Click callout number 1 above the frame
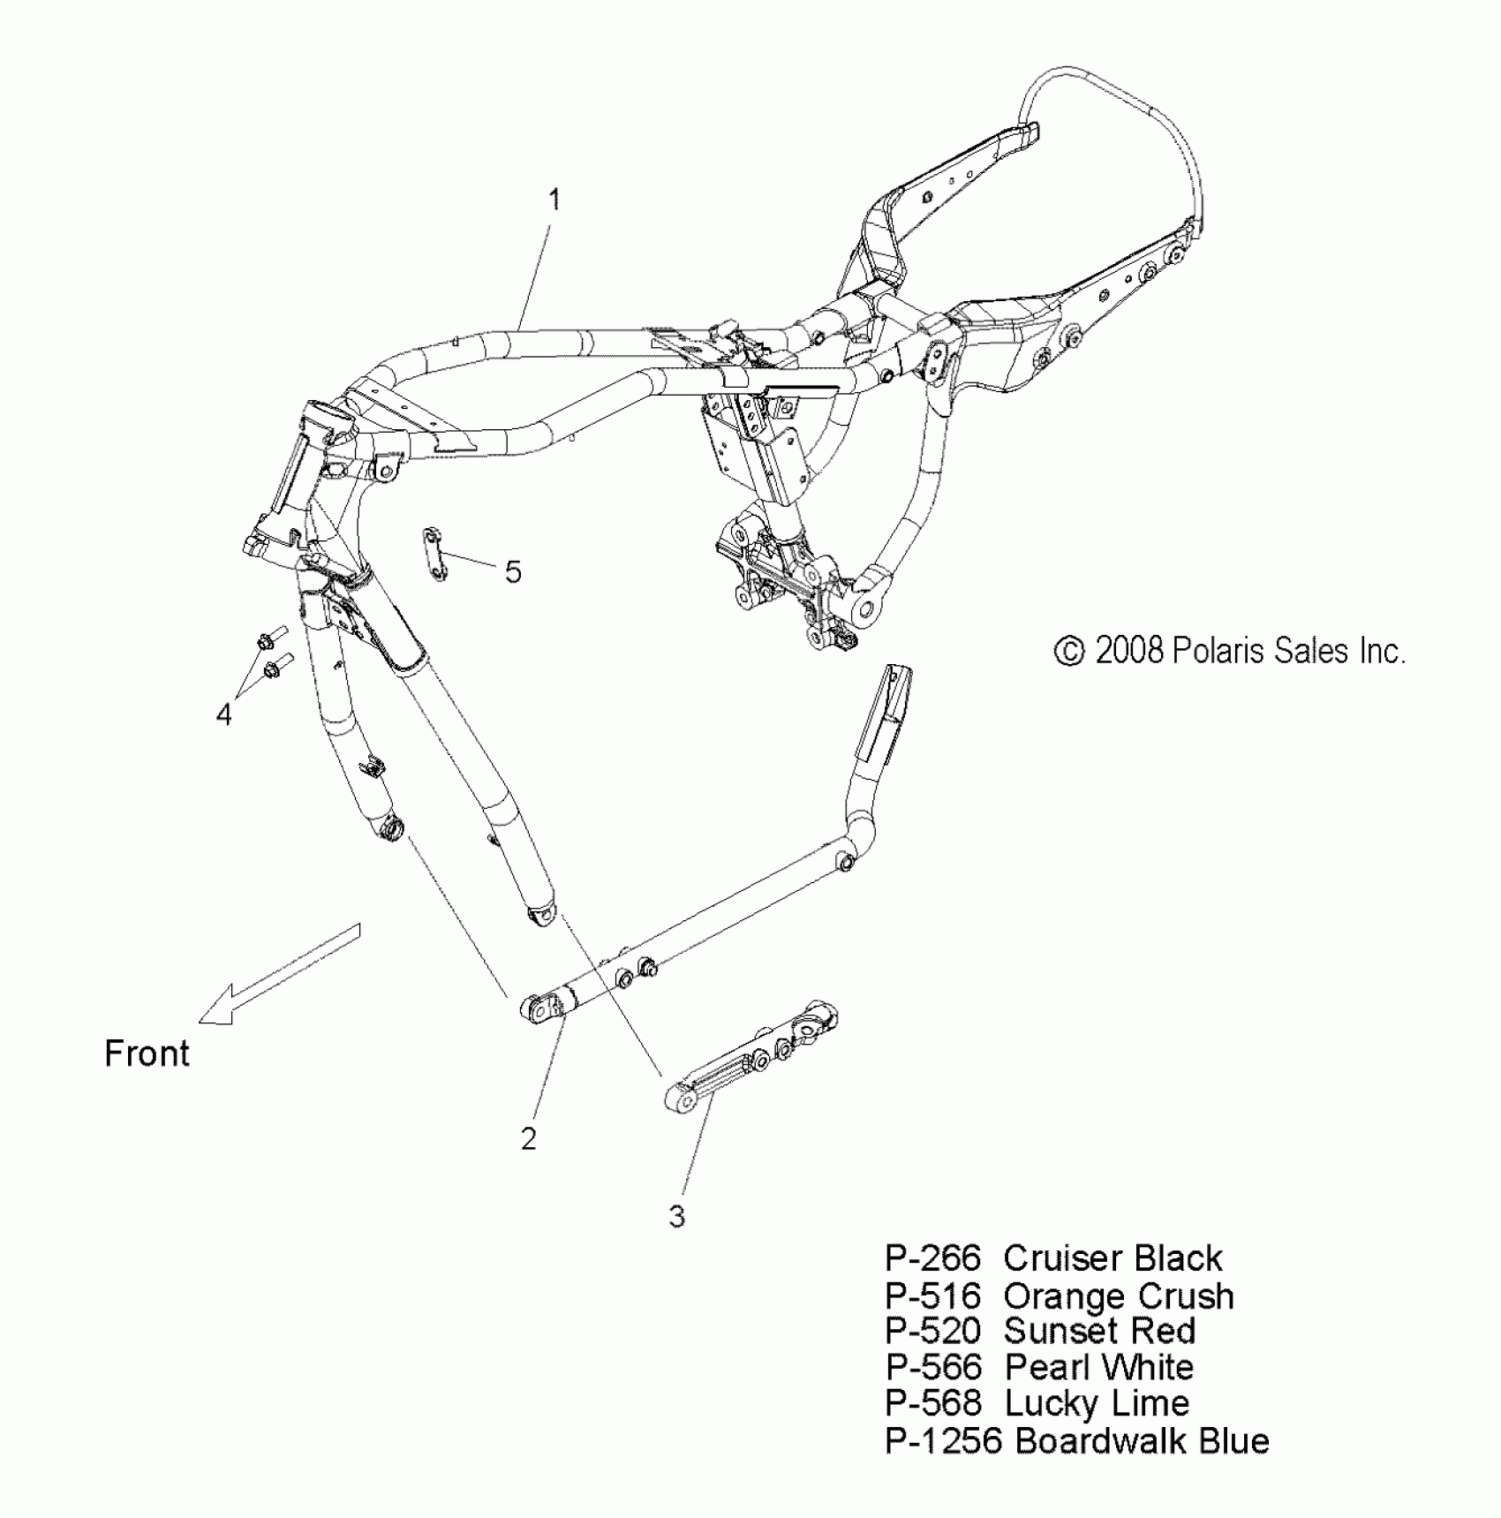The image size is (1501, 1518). [554, 200]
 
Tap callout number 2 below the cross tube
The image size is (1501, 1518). [528, 1139]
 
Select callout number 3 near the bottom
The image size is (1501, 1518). [676, 1217]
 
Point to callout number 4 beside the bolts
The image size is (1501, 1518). [224, 714]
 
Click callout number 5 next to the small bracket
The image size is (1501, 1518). [513, 572]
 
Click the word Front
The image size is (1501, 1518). [147, 1054]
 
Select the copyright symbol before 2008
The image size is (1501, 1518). [1069, 652]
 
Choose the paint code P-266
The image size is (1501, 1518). [932, 1257]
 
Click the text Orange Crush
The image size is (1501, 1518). [1119, 1295]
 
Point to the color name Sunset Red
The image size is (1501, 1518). [1099, 1331]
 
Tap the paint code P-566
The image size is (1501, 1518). [933, 1367]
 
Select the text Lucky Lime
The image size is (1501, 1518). [1097, 1403]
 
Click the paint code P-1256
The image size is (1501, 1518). [943, 1440]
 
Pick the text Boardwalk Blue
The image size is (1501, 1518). [1142, 1440]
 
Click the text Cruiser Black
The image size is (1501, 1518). [1113, 1257]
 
